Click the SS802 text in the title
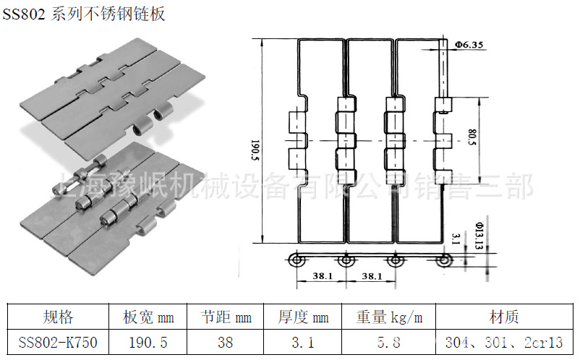24,14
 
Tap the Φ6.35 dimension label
469,44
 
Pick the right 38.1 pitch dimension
370,275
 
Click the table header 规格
58,317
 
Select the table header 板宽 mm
148,317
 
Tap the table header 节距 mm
226,317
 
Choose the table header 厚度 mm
304,317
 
